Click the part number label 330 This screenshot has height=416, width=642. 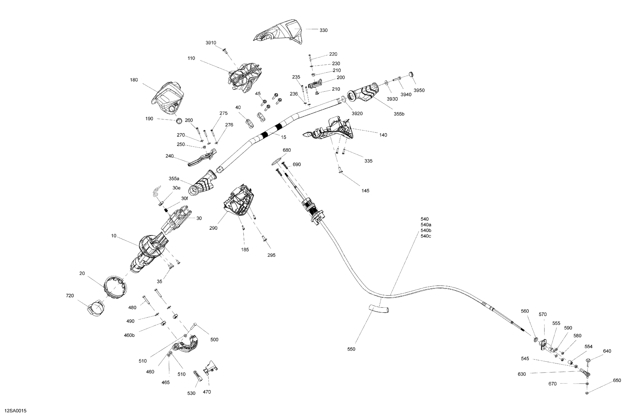tap(323, 30)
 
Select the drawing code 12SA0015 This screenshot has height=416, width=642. tap(16, 411)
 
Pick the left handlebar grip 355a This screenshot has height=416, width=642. tap(203, 183)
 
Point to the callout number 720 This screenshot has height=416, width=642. tap(70, 296)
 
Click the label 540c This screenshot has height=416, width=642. tap(426, 236)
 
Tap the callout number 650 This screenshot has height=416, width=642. tap(617, 380)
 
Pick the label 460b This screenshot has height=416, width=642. tap(129, 335)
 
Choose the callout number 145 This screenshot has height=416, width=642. tap(365, 191)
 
